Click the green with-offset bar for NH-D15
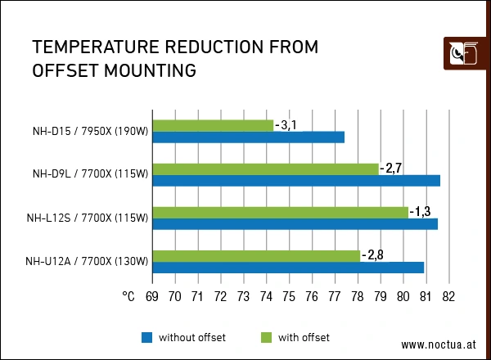(213, 125)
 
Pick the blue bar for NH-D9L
(296, 180)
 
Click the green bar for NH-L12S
(281, 212)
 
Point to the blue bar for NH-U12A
(288, 267)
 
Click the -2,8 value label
(372, 255)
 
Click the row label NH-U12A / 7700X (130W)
(87, 262)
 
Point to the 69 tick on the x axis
(152, 295)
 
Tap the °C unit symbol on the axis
(128, 295)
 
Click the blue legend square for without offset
(147, 337)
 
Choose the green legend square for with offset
(266, 337)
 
